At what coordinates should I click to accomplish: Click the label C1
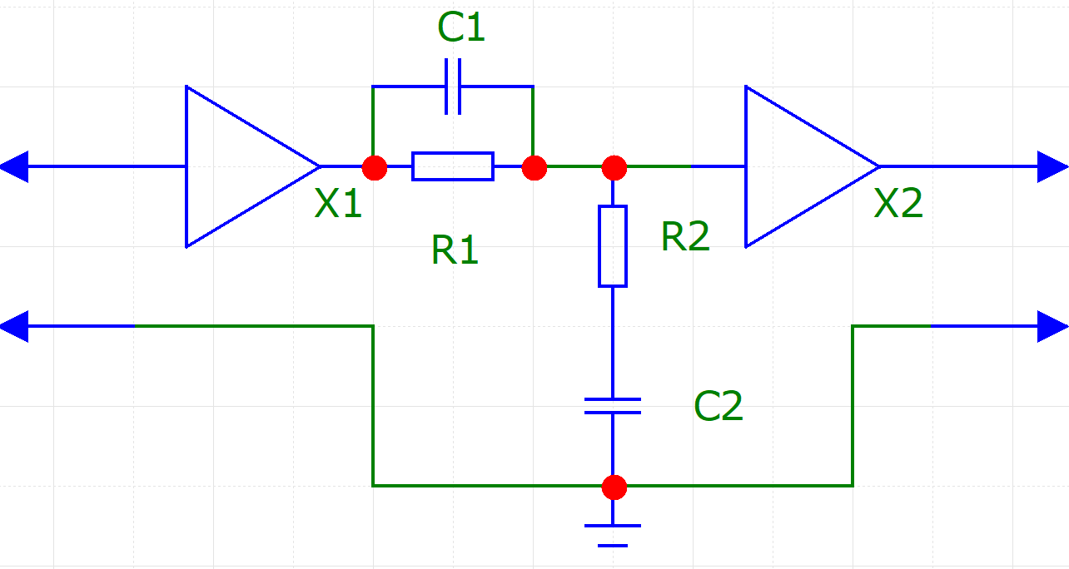pyautogui.click(x=461, y=27)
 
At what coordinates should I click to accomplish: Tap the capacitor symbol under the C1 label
pyautogui.click(x=453, y=87)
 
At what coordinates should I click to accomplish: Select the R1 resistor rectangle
pyautogui.click(x=453, y=166)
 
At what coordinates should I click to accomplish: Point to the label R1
pyautogui.click(x=455, y=250)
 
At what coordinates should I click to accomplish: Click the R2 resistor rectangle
pyautogui.click(x=613, y=246)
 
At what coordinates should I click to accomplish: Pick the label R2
pyautogui.click(x=685, y=236)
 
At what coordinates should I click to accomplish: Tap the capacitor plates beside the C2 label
pyautogui.click(x=613, y=406)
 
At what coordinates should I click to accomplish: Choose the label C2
pyautogui.click(x=718, y=406)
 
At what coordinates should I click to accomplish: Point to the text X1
pyautogui.click(x=338, y=203)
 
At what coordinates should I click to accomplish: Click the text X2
pyautogui.click(x=898, y=203)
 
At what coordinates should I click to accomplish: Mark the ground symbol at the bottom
pyautogui.click(x=613, y=535)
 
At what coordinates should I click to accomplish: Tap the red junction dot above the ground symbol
pyautogui.click(x=614, y=487)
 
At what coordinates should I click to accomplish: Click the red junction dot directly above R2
pyautogui.click(x=614, y=168)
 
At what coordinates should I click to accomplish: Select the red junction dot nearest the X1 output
pyautogui.click(x=375, y=168)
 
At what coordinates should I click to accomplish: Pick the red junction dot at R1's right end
pyautogui.click(x=534, y=168)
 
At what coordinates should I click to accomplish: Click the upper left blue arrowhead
pyautogui.click(x=14, y=166)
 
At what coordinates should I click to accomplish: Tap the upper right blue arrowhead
pyautogui.click(x=1053, y=166)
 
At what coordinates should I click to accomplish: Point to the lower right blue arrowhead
pyautogui.click(x=1053, y=326)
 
